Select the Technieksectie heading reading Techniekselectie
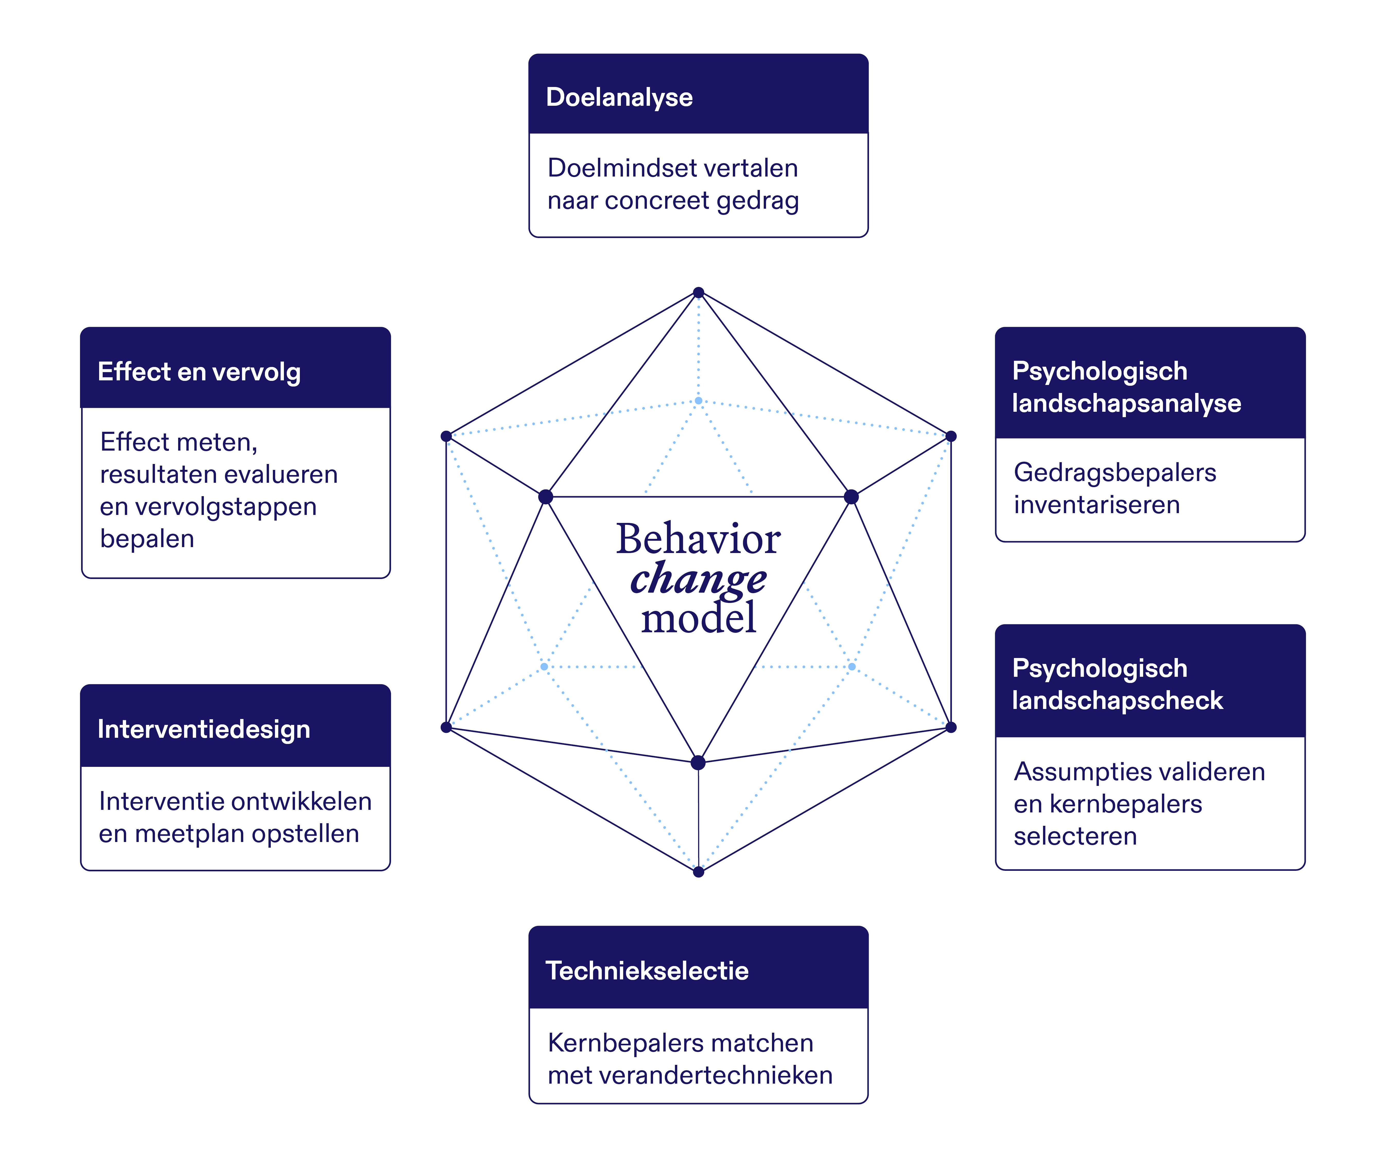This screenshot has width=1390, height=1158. coord(647,971)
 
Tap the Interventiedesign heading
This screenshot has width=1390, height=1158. coord(203,729)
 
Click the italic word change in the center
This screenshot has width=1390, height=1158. coord(698,579)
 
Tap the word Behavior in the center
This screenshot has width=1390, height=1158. coord(698,539)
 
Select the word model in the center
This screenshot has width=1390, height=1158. coord(698,619)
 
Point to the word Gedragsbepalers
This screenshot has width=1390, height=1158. coord(1115,472)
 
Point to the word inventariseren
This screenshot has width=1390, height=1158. coord(1097,505)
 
